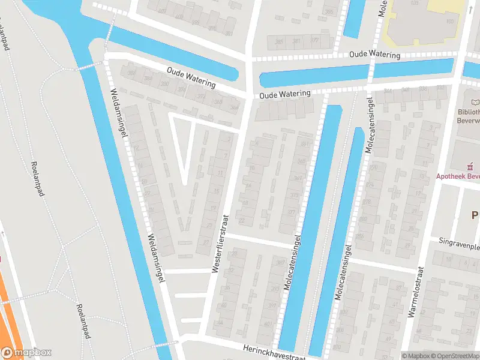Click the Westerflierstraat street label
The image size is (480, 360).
220,244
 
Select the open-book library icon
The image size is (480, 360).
476,103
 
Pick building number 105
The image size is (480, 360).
450,21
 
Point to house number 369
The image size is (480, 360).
298,178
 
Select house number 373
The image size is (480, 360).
294,196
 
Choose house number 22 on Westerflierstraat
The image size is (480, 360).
241,220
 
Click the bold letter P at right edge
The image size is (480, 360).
475,215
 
